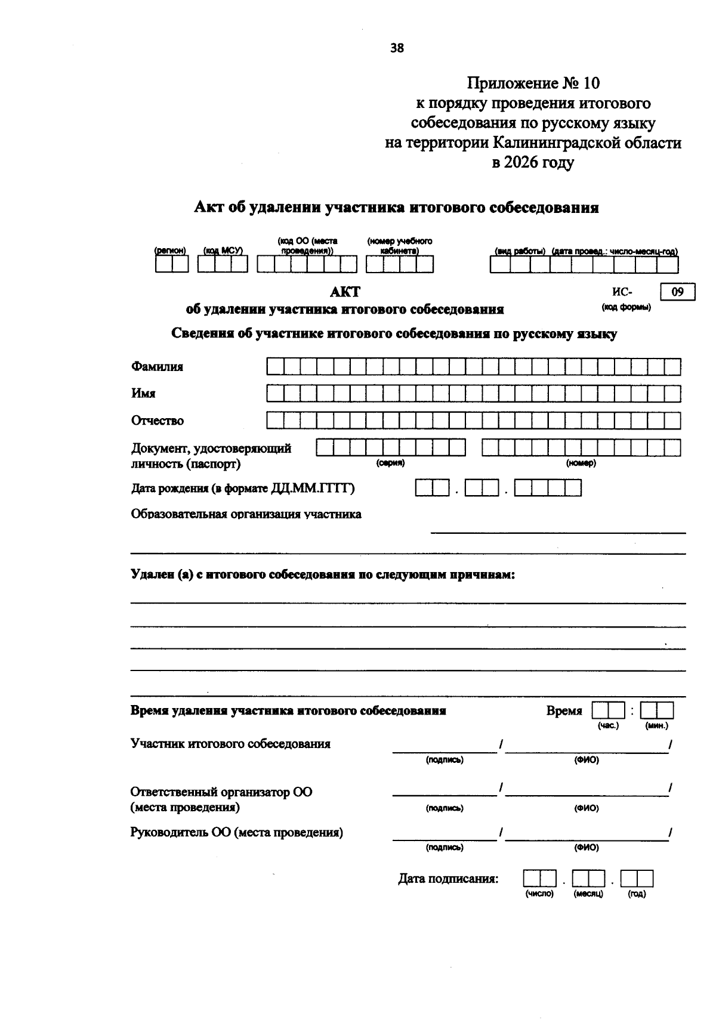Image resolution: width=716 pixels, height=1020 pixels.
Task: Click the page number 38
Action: (397, 48)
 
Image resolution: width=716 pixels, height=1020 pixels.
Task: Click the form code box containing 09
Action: (677, 292)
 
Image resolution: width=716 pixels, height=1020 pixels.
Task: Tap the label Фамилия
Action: (157, 367)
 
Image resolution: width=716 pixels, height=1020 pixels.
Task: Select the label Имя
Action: (143, 394)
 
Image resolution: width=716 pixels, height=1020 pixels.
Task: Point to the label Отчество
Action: (158, 421)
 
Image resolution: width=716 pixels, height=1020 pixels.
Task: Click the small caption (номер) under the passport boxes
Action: (581, 463)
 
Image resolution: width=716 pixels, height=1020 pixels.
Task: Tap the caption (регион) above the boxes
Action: (171, 251)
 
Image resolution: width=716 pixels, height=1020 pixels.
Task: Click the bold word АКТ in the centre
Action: (345, 292)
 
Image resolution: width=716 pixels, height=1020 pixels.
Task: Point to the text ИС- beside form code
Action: (622, 292)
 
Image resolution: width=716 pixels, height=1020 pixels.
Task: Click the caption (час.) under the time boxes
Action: (608, 726)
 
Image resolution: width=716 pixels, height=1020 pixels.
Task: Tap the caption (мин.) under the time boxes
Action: (656, 726)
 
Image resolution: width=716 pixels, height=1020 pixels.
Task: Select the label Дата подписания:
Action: (448, 879)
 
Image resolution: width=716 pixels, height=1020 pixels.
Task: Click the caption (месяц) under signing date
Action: (588, 894)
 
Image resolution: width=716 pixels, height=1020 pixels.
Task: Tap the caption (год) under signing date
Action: (637, 894)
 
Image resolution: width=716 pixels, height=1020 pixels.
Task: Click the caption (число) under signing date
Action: (539, 894)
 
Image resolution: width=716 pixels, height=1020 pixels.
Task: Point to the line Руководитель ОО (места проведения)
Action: (237, 833)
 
